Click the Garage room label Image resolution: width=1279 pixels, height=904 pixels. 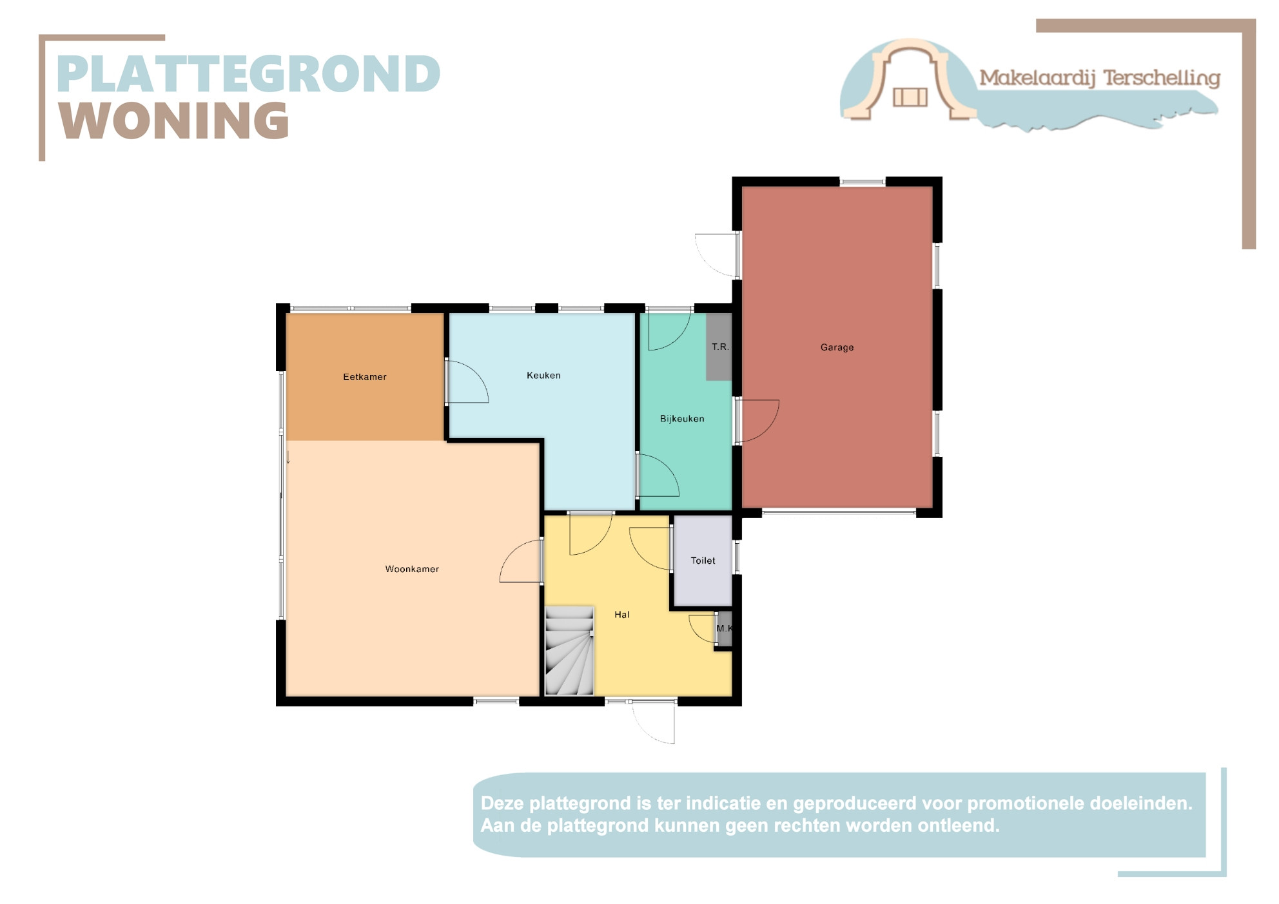tap(837, 347)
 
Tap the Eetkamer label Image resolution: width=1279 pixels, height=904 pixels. tap(365, 377)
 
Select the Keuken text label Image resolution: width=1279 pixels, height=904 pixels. tap(543, 375)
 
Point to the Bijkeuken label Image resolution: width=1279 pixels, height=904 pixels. tap(682, 418)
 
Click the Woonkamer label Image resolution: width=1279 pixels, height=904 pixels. tap(412, 569)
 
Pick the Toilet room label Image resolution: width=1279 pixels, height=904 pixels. tap(703, 561)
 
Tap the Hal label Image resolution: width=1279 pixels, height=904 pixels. tap(621, 615)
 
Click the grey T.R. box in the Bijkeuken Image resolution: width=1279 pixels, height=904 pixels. tap(719, 347)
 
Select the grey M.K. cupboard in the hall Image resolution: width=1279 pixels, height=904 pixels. tap(725, 628)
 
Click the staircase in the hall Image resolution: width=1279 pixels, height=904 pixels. tap(569, 651)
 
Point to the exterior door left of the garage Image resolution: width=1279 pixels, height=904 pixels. tap(716, 255)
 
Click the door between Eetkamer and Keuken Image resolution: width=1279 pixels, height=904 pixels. tap(467, 381)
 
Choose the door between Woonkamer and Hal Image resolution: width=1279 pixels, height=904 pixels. tap(521, 561)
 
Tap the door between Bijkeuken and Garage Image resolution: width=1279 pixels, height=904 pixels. tap(757, 421)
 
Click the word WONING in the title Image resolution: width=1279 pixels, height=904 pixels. tap(175, 120)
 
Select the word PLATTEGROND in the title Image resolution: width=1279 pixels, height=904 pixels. tap(249, 73)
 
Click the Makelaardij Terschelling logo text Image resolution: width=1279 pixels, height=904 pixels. tap(1100, 78)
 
